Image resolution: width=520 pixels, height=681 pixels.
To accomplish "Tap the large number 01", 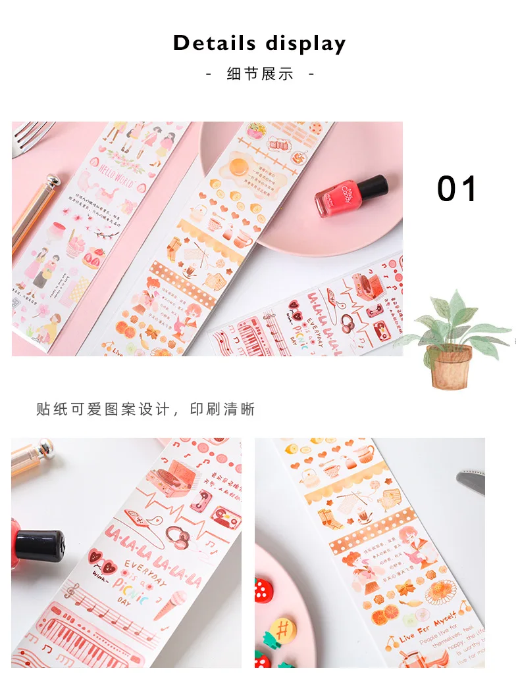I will coord(457,189).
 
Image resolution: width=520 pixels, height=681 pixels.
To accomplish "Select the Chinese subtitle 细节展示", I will coord(260,74).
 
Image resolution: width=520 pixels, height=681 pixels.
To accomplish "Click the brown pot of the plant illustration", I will coord(451,365).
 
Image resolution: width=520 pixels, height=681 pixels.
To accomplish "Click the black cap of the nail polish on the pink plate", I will coord(370,186).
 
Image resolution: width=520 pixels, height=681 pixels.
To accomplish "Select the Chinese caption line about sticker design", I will coord(145,410).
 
